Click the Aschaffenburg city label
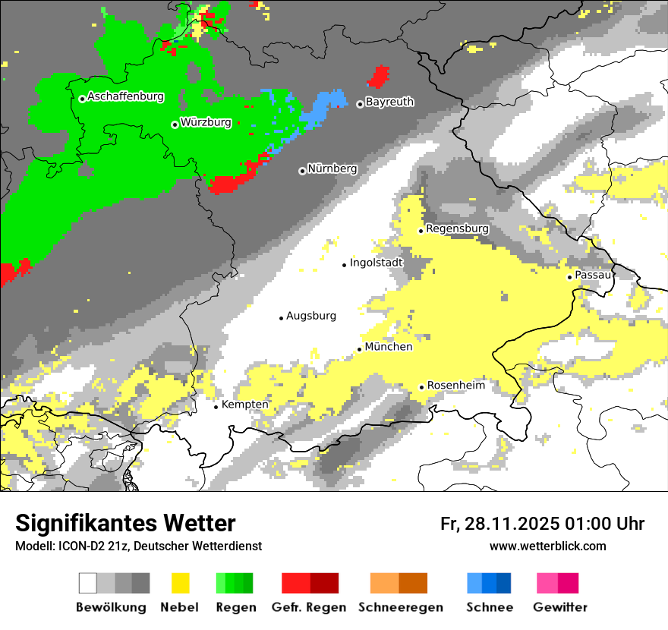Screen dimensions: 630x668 125,96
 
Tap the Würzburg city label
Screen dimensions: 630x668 206,122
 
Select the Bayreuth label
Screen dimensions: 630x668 389,102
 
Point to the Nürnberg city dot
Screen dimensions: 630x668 302,171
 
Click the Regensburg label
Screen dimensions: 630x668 457,228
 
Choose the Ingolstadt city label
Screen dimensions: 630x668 377,263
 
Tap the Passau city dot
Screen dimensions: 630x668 569,277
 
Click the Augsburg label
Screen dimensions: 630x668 311,316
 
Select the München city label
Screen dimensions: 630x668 389,347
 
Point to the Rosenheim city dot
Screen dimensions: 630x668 421,387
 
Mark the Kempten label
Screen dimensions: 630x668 244,405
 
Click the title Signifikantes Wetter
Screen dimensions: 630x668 125,524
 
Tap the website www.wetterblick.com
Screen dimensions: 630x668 547,547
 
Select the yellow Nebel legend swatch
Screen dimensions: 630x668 180,583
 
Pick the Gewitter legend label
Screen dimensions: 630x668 560,607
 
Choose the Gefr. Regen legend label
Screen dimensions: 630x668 309,607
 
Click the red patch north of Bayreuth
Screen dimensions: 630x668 378,77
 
